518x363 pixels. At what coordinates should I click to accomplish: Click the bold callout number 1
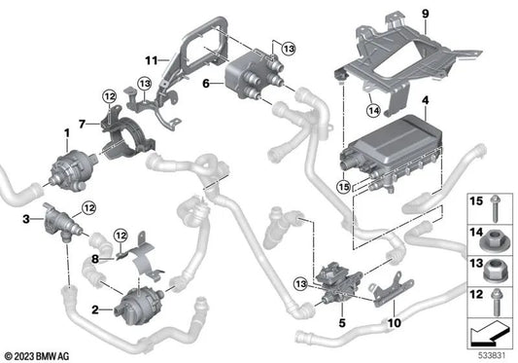pos(67,132)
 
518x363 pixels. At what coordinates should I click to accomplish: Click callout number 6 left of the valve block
pos(205,84)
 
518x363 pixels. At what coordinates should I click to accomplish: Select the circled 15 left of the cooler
pos(343,185)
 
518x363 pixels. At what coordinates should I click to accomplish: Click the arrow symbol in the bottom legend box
pos(491,334)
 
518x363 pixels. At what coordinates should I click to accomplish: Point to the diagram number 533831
pos(494,354)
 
